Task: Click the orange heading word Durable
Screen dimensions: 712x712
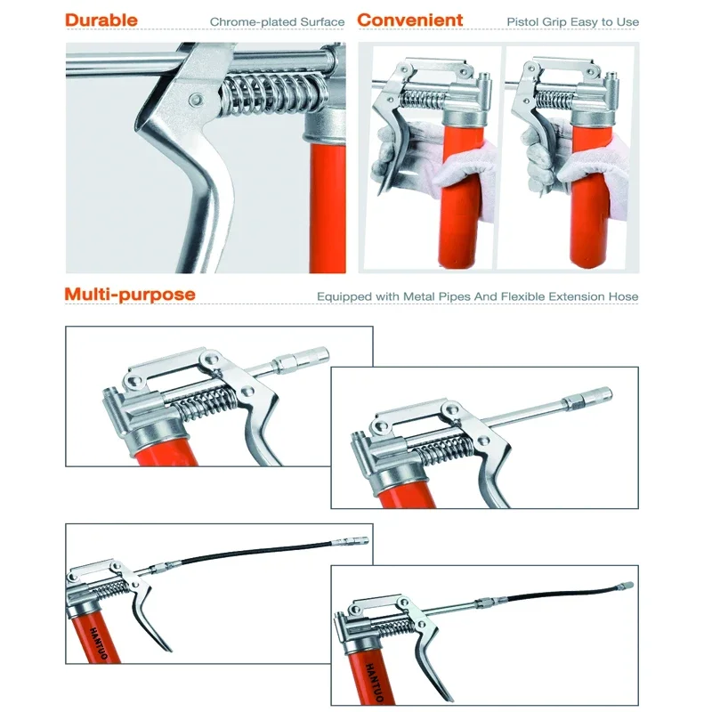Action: tap(101, 20)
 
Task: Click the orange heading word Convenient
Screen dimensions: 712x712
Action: tap(410, 20)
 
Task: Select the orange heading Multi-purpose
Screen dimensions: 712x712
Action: tap(130, 295)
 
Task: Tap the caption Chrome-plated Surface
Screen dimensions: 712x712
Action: tap(277, 21)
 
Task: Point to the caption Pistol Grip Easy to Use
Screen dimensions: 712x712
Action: tap(573, 21)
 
